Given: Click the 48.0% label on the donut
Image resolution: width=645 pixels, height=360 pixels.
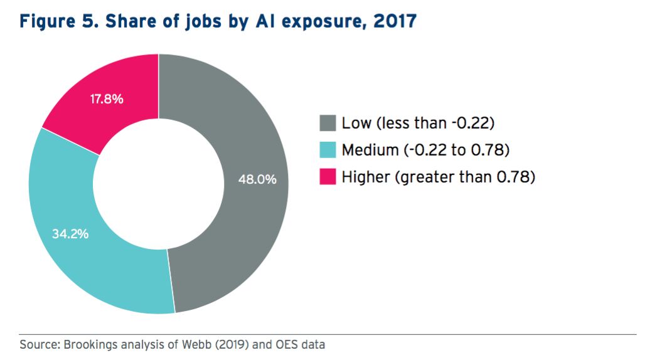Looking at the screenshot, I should (x=257, y=179).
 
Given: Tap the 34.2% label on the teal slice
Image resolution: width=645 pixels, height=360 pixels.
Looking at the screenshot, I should (x=70, y=235).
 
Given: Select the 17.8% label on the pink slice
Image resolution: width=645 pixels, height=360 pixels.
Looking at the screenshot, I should (x=107, y=99).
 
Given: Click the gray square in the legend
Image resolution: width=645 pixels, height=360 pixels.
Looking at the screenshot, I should (x=328, y=123).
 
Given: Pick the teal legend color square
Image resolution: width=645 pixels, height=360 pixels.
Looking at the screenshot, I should (x=328, y=151).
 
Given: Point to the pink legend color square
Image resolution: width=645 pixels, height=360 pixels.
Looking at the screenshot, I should (x=328, y=177).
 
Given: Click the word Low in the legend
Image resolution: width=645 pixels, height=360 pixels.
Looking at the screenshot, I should (x=356, y=123).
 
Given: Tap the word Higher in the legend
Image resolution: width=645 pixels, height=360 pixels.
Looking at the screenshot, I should (x=365, y=177).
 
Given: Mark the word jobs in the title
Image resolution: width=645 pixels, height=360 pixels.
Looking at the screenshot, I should (x=203, y=21).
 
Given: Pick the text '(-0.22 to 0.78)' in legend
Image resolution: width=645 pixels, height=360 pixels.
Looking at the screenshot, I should (x=451, y=151).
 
